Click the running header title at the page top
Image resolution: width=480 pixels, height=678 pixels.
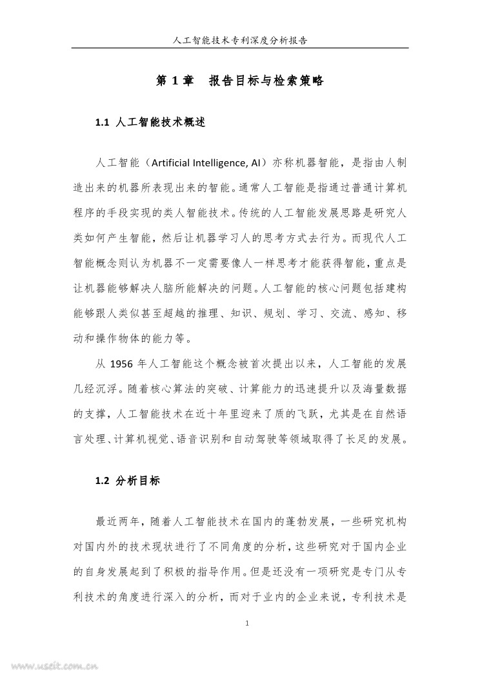240,40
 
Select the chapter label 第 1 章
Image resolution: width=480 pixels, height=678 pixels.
175,81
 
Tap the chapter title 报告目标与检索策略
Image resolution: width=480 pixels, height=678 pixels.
266,81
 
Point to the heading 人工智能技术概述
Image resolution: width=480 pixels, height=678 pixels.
161,122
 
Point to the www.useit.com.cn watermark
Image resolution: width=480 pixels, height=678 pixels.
48,668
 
